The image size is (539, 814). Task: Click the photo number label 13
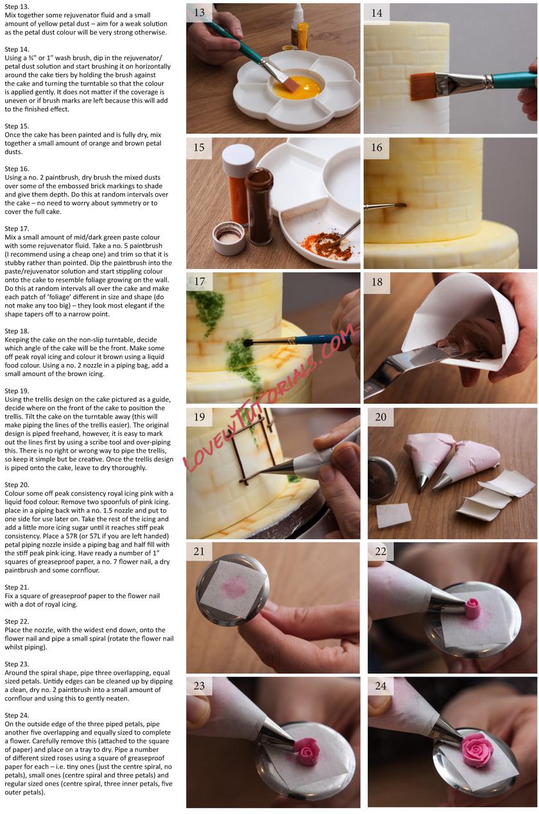[199, 13]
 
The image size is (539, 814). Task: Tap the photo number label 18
[377, 282]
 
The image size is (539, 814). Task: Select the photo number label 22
[381, 551]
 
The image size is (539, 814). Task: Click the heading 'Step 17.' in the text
[17, 229]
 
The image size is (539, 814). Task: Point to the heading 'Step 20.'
[17, 485]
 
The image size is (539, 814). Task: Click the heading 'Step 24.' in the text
[17, 716]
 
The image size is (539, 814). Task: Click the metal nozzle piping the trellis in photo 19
[277, 469]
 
